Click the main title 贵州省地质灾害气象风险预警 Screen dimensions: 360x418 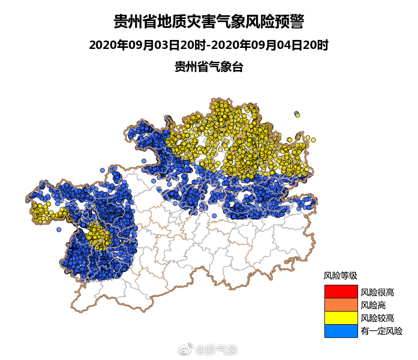click(209, 22)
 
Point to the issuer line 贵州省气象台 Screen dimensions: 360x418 click(209, 67)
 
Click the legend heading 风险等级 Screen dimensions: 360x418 click(340, 275)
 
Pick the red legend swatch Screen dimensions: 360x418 click(341, 291)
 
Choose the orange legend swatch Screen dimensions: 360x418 click(341, 305)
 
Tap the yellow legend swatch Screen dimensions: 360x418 click(341, 318)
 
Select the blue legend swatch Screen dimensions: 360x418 click(341, 331)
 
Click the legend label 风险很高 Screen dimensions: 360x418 click(378, 292)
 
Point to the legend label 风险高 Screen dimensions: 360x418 click(373, 305)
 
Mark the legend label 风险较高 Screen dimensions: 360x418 click(378, 318)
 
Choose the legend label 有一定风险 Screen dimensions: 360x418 click(382, 331)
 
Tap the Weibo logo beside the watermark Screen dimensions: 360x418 click(187, 349)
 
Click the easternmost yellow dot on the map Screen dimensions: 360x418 click(313, 140)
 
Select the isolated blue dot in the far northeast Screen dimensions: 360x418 click(297, 114)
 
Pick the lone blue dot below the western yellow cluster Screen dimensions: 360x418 click(59, 229)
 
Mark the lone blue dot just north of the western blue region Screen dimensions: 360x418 click(102, 170)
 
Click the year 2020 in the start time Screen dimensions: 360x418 click(100, 45)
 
